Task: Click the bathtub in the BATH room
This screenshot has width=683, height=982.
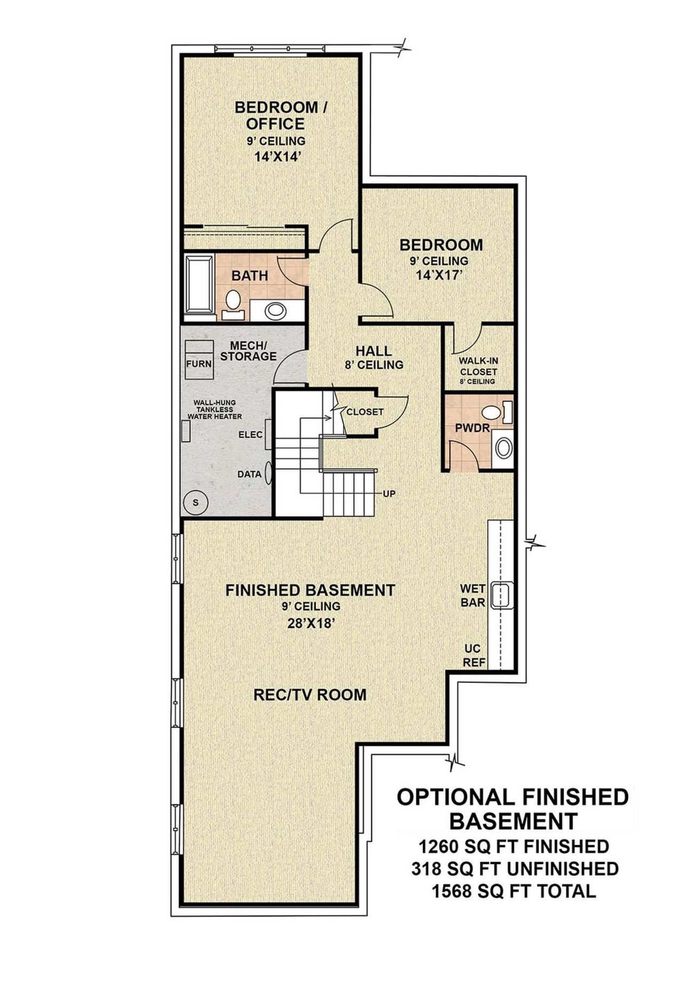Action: point(198,286)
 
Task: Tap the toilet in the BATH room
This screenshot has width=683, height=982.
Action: point(233,300)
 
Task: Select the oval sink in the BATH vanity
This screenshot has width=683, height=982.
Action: point(276,310)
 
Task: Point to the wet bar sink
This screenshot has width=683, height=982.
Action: point(502,595)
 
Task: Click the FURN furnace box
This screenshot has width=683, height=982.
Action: point(198,363)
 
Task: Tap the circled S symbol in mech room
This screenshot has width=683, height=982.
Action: point(195,502)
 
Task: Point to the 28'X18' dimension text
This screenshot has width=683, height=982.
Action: point(311,623)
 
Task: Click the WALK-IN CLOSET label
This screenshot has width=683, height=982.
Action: point(479,367)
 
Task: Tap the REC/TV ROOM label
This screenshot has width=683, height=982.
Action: point(310,694)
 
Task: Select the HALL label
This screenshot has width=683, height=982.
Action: point(374,351)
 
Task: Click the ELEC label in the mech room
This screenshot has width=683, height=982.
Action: point(250,434)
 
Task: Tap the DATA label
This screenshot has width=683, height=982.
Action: point(249,474)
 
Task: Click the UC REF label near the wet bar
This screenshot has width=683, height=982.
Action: point(473,655)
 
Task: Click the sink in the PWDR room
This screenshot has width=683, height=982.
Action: point(503,448)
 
